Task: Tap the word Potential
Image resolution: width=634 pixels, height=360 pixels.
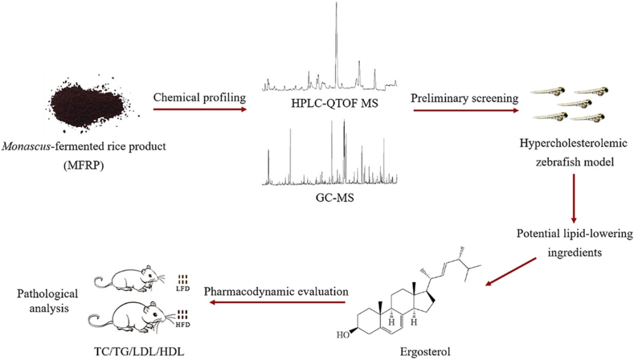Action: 547,234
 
